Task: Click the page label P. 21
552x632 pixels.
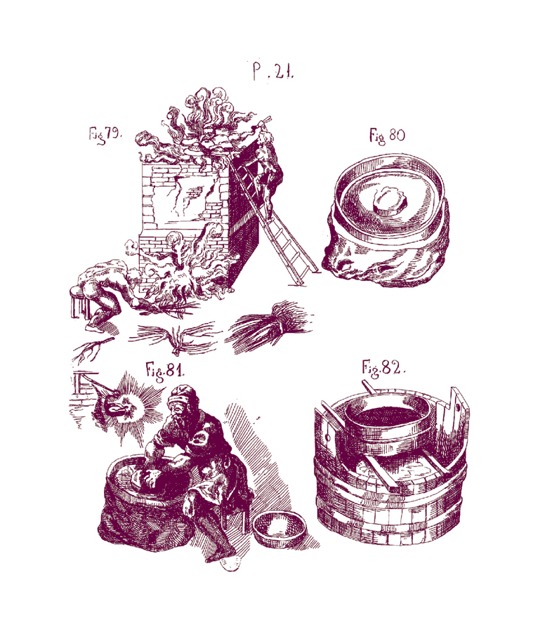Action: click(x=273, y=72)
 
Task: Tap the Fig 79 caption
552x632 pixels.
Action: click(x=105, y=134)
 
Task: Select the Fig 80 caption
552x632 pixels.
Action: click(x=387, y=136)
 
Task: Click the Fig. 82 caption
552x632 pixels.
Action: click(x=383, y=369)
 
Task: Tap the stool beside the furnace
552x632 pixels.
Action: click(x=79, y=302)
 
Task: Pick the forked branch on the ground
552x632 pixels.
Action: click(x=91, y=348)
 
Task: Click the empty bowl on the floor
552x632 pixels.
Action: click(x=280, y=529)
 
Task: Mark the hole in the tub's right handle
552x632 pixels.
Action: click(x=459, y=408)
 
